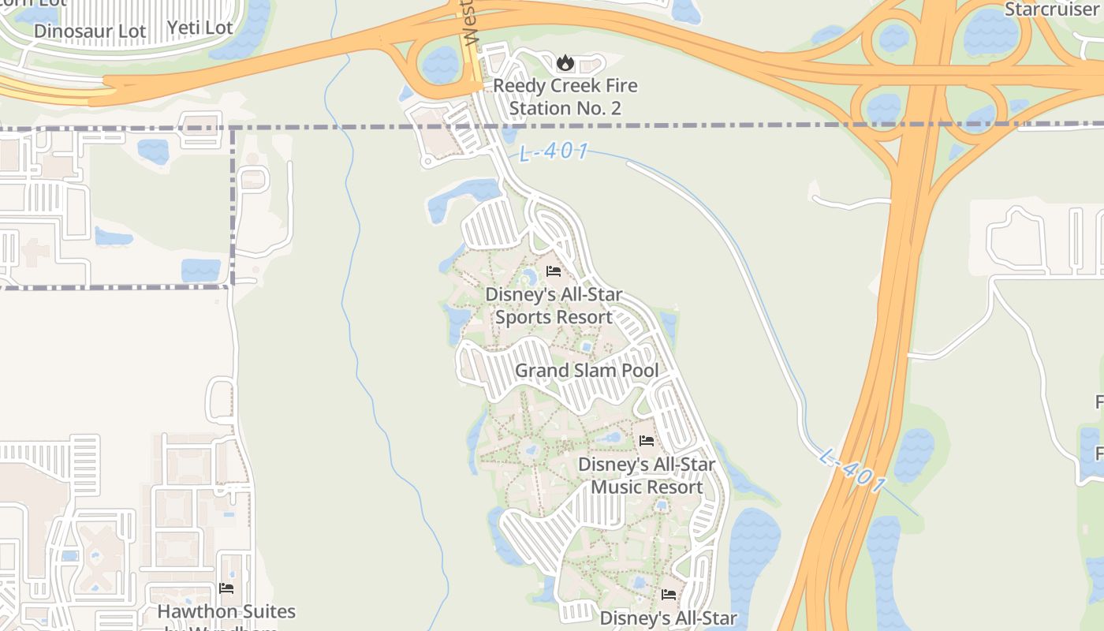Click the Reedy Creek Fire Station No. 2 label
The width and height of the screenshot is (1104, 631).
coord(565,96)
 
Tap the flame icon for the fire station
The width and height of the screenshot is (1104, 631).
coord(565,63)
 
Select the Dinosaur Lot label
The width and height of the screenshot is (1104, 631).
coord(90,32)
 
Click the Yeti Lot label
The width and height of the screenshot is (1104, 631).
coord(200,28)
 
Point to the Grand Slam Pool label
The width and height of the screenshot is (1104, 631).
coord(587,370)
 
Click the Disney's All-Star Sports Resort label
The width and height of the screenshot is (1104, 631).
coord(554,306)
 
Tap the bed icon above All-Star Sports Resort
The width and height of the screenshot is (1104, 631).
coord(554,272)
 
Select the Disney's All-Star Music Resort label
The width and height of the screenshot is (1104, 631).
coord(647,476)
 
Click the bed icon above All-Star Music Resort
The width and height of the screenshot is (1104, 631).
coord(647,441)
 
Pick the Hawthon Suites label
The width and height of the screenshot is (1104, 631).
coord(226,612)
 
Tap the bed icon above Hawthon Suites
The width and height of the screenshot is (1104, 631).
coord(226,588)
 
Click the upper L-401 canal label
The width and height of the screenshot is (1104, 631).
coord(554,151)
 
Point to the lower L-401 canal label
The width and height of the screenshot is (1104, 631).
coord(852,471)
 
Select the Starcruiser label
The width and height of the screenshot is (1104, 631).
coord(1053,9)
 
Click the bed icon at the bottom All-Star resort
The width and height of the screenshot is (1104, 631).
coord(669,594)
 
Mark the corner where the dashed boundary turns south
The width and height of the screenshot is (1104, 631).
coord(233,128)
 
